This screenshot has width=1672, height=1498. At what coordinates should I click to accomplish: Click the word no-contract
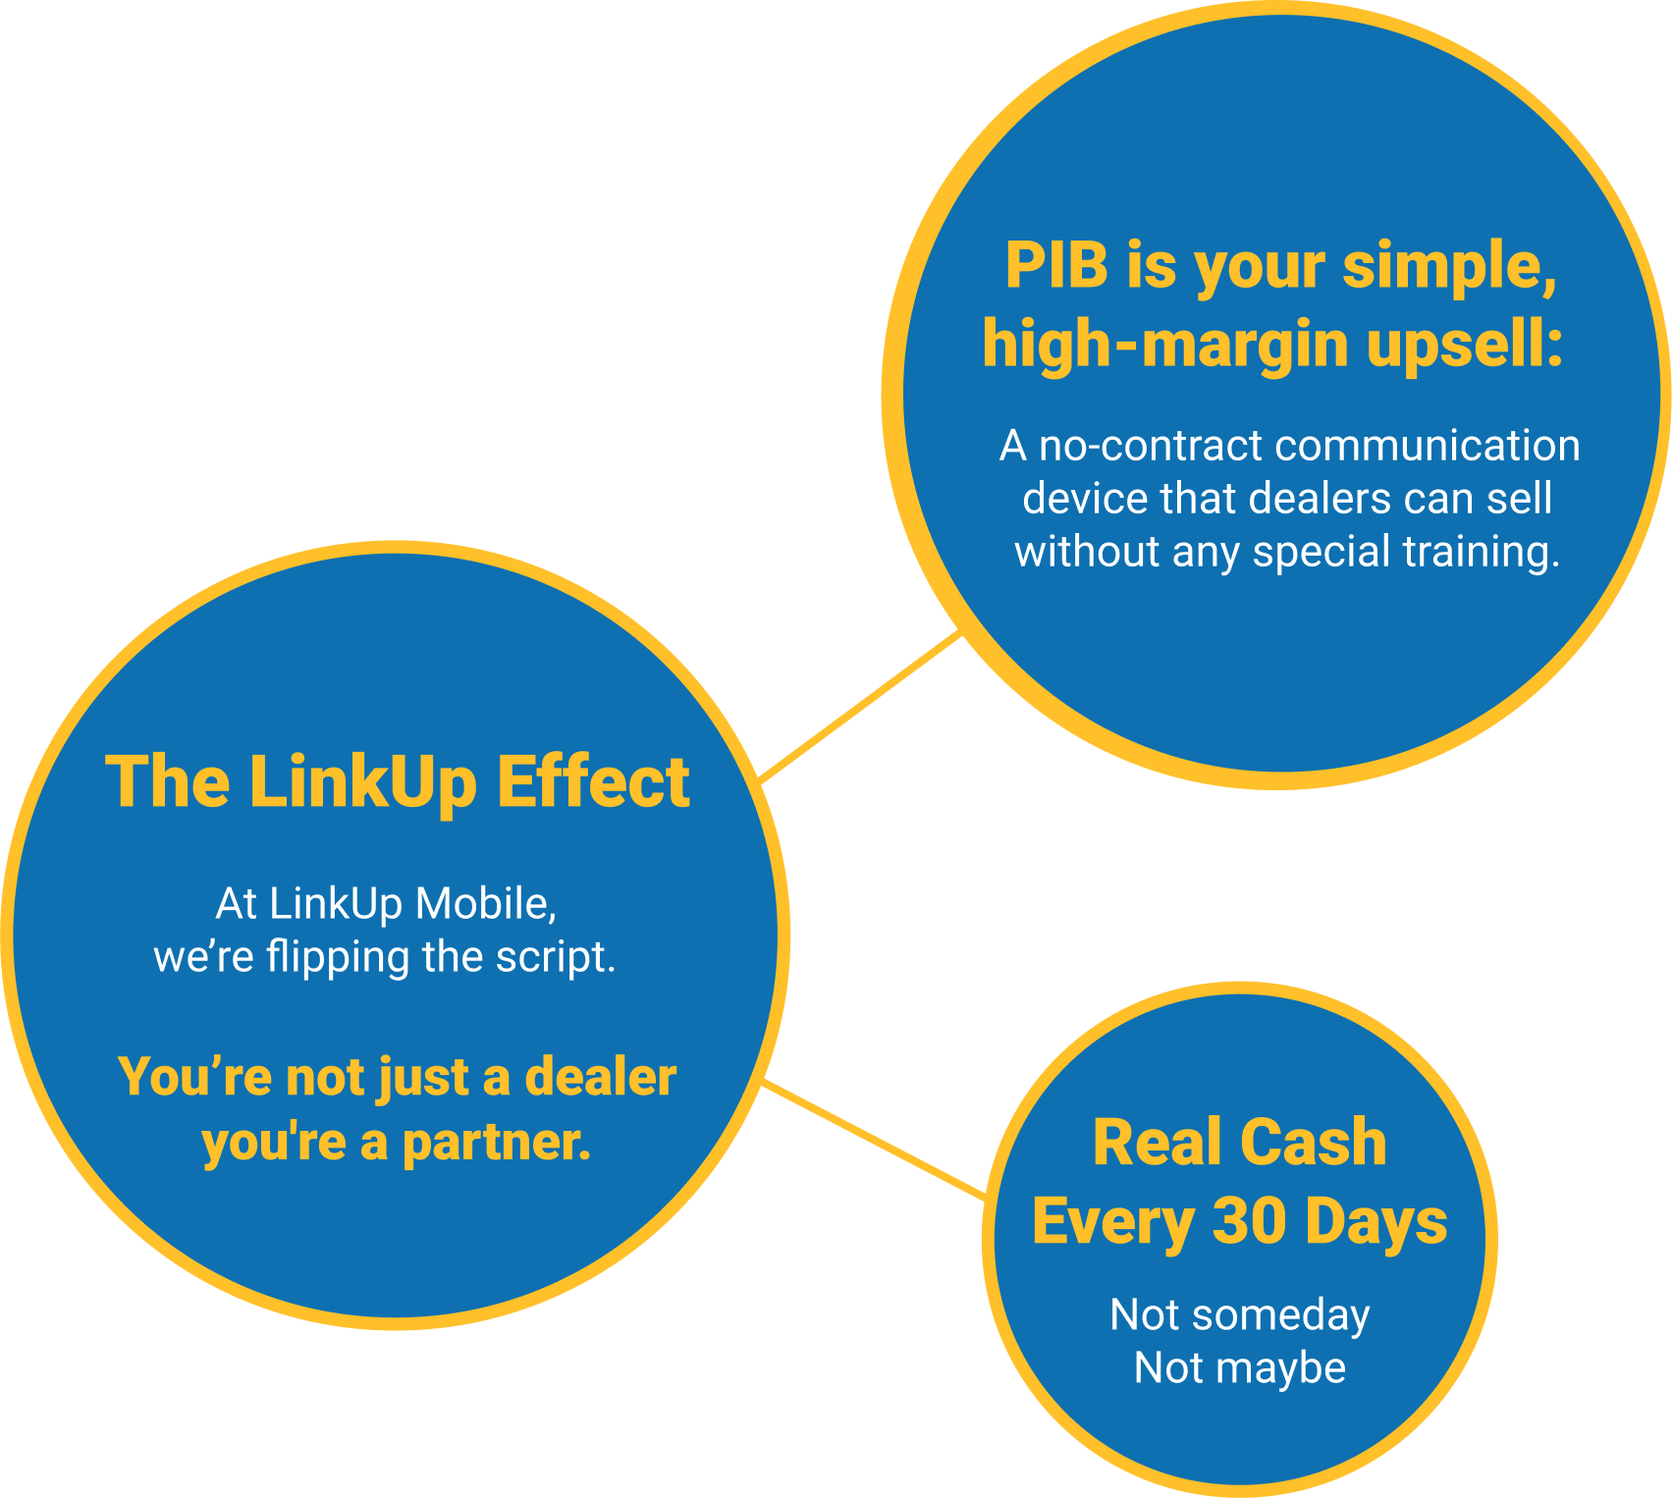point(1150,447)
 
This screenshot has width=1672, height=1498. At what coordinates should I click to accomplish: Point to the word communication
point(1428,447)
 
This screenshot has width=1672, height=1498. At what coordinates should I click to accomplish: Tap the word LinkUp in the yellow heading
point(363,782)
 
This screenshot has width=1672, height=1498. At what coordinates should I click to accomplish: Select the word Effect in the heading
point(593,782)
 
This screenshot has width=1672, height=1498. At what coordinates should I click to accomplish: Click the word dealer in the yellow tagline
point(600,1077)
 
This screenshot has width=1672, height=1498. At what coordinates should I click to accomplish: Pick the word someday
point(1280,1316)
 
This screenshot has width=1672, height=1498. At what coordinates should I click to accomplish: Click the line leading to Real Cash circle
point(874,1139)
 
